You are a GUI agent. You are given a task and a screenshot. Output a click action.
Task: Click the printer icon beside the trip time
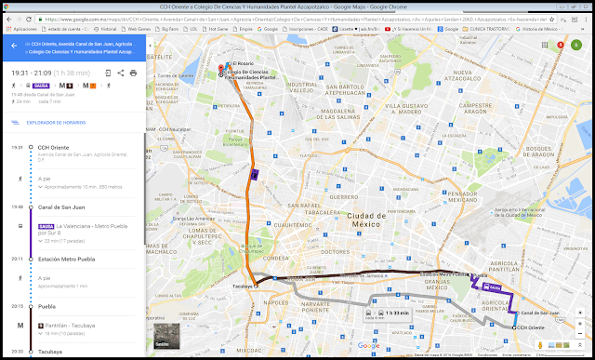[133, 72]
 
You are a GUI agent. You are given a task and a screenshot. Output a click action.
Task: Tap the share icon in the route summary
[121, 72]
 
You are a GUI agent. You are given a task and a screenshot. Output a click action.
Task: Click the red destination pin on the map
[220, 68]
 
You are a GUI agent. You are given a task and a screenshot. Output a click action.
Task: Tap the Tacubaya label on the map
[241, 287]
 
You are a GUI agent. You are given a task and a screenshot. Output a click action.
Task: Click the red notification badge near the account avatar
[561, 44]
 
